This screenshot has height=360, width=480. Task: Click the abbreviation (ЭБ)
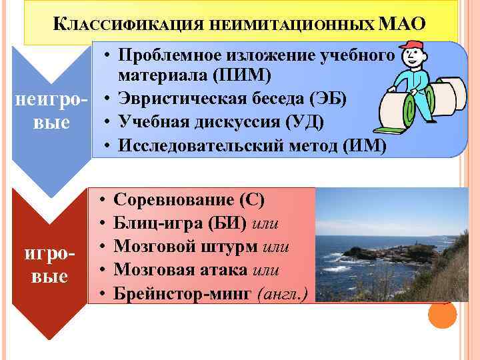330,100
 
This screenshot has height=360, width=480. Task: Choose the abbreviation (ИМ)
363,146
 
